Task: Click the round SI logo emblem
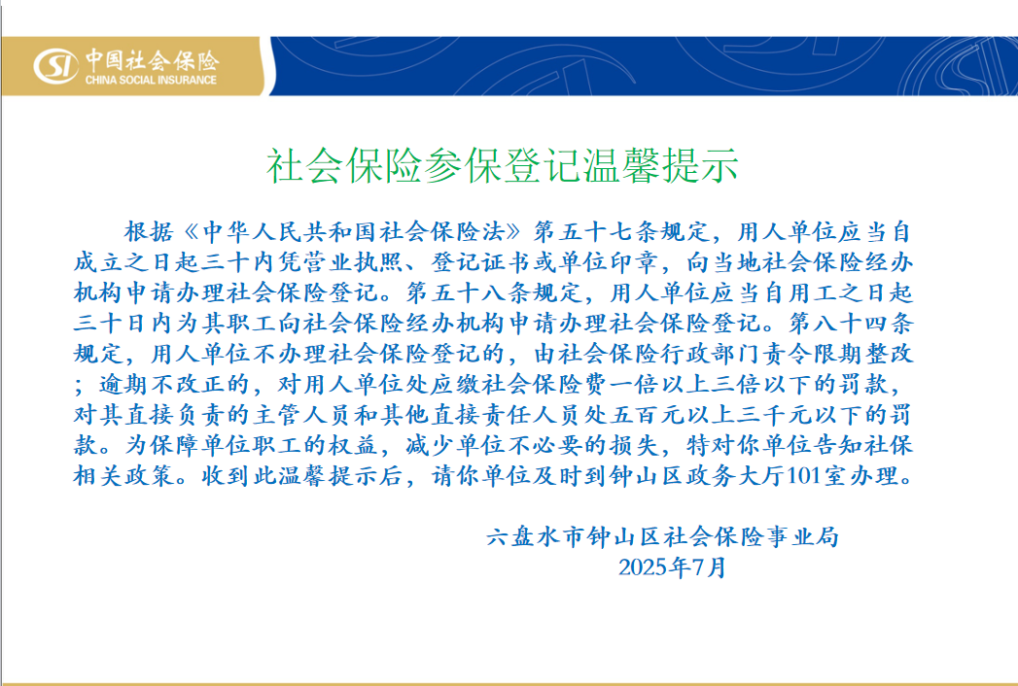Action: coord(55,65)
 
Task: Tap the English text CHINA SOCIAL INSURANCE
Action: coord(151,80)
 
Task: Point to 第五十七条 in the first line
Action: coord(596,231)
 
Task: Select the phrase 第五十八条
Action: coord(469,292)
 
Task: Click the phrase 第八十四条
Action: coord(851,324)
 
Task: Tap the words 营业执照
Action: coord(329,262)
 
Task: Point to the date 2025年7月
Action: coord(672,567)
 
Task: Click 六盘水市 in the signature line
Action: coord(536,536)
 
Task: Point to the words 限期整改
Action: coord(863,354)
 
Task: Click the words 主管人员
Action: coord(302,415)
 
